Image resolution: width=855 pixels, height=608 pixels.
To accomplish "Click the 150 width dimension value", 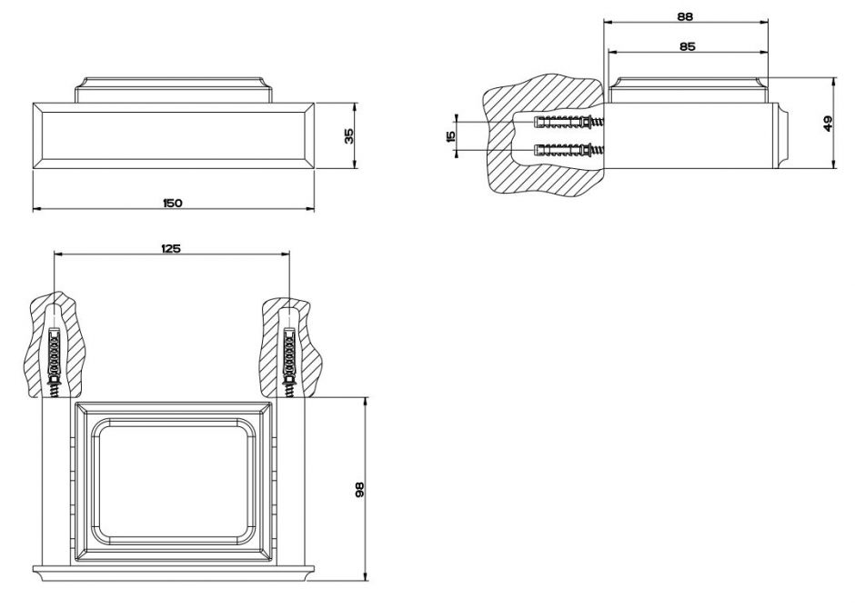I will click(x=173, y=203).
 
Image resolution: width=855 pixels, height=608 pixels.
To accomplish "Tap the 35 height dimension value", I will click(x=348, y=135).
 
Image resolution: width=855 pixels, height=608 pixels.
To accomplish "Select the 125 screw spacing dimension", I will click(x=170, y=248).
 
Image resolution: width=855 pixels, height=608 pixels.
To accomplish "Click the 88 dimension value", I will click(x=687, y=15).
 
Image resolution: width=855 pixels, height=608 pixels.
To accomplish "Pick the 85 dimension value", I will click(x=687, y=45).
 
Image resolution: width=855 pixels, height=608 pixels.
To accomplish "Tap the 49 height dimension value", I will click(x=827, y=123).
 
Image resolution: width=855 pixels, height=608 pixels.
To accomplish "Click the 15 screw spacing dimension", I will click(x=450, y=136).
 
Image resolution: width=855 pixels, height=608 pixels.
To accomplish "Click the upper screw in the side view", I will click(x=568, y=122).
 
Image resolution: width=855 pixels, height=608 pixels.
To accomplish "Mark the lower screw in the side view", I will click(x=568, y=150).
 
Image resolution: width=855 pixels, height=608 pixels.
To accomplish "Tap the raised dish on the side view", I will click(x=687, y=91).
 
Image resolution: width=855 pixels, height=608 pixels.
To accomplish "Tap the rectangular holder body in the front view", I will click(x=173, y=135).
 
